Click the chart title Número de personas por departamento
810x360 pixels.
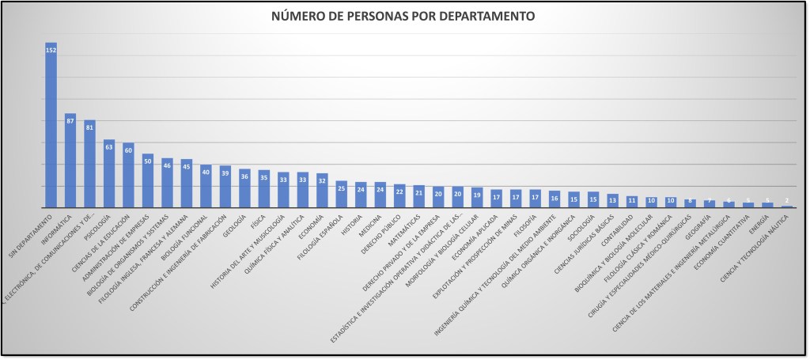(403, 16)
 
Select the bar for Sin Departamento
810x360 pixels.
(51, 127)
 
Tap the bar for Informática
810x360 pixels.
(70, 162)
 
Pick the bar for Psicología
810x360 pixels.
(108, 174)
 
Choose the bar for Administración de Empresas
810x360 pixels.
(147, 182)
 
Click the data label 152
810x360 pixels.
(51, 50)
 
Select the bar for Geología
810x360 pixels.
(244, 190)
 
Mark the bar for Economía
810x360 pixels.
(321, 191)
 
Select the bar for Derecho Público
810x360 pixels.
(399, 196)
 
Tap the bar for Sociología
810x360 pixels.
(592, 200)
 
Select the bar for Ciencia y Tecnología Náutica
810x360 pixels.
(786, 207)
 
